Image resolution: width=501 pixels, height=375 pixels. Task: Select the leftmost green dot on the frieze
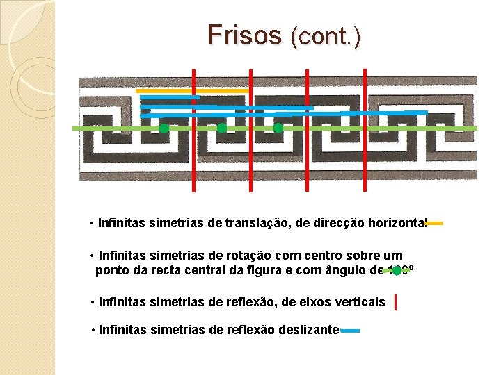(x=164, y=128)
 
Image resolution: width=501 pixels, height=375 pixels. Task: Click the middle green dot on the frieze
(x=221, y=128)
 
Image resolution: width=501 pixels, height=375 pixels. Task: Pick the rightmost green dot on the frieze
(x=278, y=128)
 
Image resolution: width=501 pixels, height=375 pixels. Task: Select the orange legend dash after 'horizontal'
(x=435, y=224)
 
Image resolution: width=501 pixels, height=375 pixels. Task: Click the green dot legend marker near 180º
(x=397, y=271)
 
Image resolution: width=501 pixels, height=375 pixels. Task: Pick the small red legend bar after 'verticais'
(x=396, y=302)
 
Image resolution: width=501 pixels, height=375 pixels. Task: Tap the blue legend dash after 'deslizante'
(x=350, y=331)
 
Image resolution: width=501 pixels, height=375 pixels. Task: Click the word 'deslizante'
(x=310, y=330)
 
